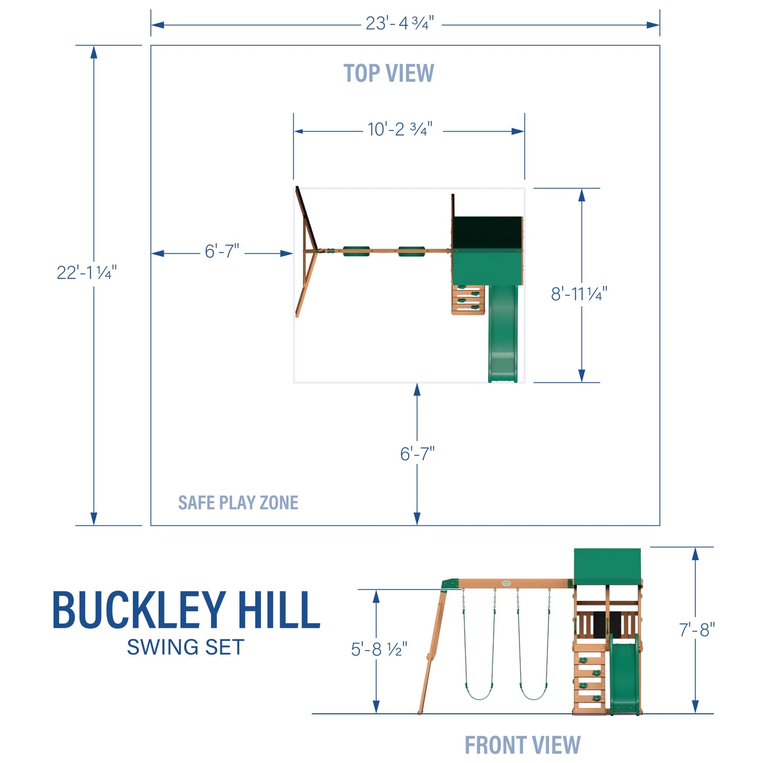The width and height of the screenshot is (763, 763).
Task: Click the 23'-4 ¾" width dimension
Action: click(400, 24)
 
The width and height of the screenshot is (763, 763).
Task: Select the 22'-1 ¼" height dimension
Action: click(87, 272)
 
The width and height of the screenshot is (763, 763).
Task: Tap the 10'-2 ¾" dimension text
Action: click(400, 130)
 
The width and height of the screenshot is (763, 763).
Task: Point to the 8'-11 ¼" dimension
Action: click(579, 294)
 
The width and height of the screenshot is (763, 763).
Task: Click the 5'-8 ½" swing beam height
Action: click(378, 649)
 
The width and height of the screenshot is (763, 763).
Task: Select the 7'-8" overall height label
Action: click(697, 630)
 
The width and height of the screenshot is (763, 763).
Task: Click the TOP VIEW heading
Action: click(389, 74)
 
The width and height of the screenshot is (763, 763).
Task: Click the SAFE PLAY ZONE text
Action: click(238, 503)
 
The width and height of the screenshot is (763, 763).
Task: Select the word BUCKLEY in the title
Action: click(139, 610)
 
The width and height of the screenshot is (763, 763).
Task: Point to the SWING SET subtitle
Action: click(186, 648)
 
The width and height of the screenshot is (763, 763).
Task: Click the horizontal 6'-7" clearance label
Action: click(222, 251)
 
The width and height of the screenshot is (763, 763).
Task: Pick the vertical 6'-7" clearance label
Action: click(417, 454)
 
